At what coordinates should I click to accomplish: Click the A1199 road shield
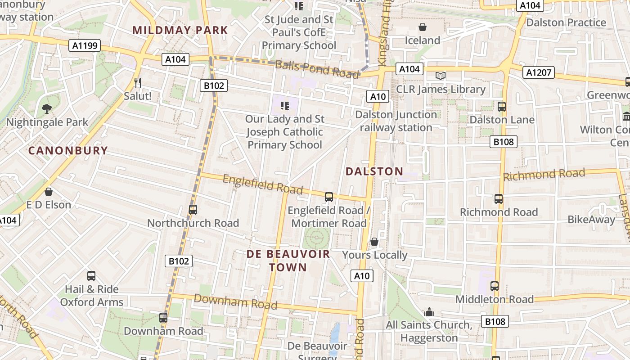85,45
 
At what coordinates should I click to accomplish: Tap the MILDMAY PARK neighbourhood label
180,31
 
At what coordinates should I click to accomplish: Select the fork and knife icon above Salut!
138,83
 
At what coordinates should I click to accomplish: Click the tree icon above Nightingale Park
46,108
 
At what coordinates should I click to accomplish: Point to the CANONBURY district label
68,151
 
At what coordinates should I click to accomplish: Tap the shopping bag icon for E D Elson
49,192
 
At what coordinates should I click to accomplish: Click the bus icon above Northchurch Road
193,210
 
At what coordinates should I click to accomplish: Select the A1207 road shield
539,72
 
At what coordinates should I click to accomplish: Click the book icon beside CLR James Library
441,76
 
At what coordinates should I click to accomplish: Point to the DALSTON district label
374,171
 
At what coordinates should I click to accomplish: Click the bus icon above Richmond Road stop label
498,199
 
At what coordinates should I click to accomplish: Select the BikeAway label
591,220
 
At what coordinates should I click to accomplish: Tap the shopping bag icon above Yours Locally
374,242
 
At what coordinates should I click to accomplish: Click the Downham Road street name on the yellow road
235,301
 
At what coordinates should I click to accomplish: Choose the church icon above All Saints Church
429,312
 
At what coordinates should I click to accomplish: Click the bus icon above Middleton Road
494,286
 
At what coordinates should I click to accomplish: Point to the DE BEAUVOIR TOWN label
288,261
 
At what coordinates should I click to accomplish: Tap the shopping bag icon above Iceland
422,27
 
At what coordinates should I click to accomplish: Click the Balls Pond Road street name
317,69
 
